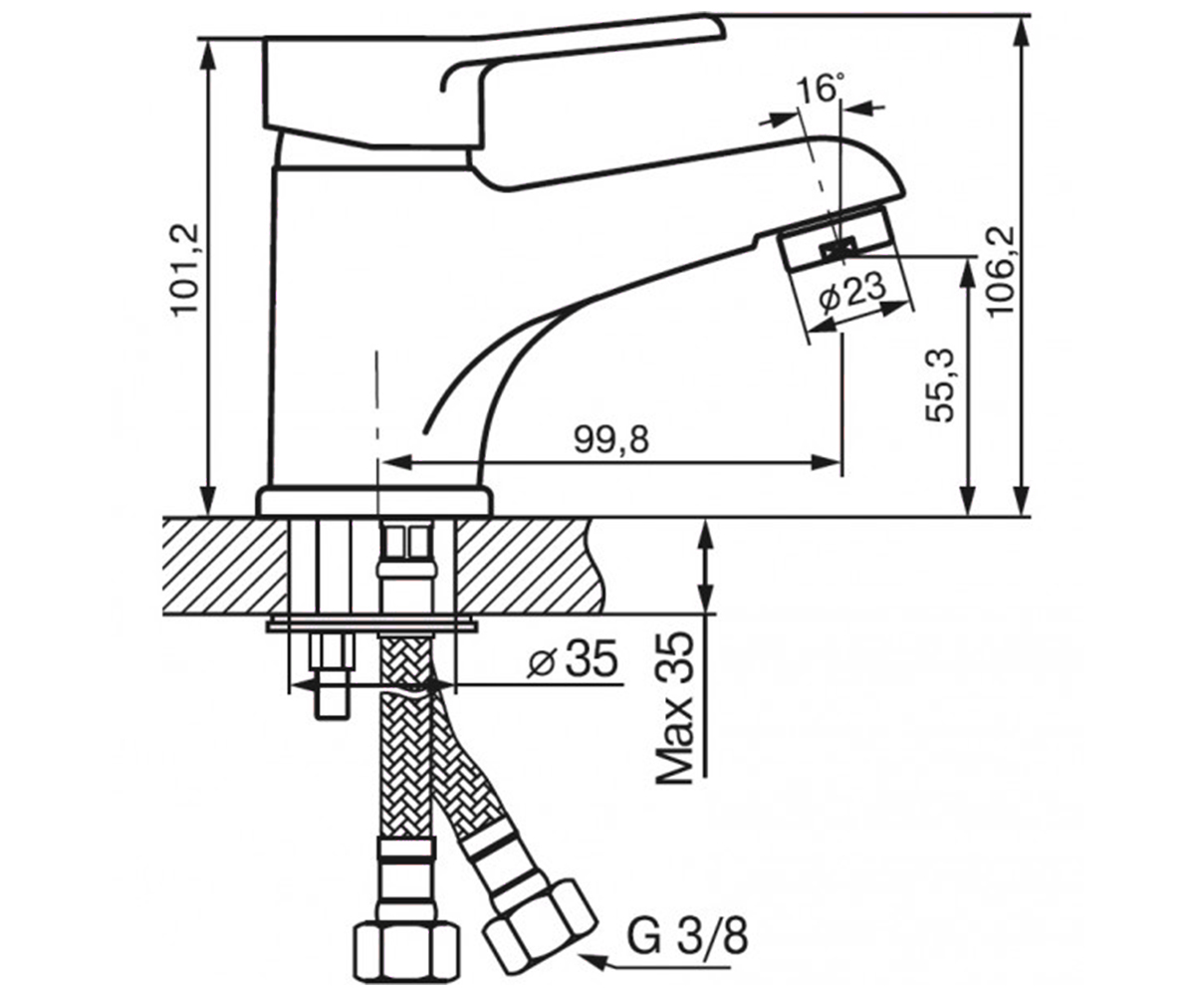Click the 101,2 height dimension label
186,269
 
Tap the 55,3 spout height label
940,385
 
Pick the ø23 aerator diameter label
852,294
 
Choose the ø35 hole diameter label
574,658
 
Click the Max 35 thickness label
675,707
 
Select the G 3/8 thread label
687,937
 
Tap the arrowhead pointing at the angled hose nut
592,962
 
